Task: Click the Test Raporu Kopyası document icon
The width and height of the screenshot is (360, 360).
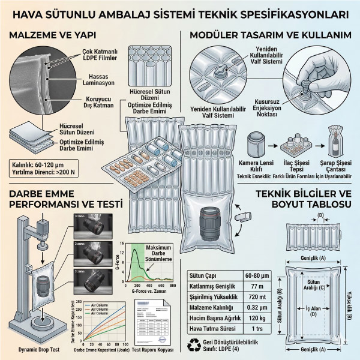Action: tap(151, 325)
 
